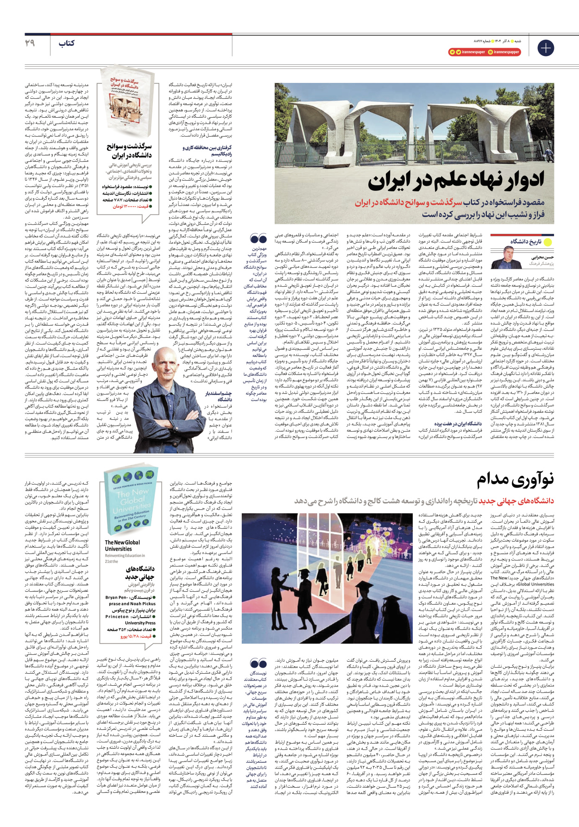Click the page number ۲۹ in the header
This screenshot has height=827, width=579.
pos(30,43)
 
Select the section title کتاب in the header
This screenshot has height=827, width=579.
pos(66,44)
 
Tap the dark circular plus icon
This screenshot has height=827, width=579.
pos(545,48)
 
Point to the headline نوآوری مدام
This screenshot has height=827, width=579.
pos(515,480)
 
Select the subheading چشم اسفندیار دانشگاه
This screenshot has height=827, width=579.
pos(218,396)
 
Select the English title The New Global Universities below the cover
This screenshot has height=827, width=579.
pos(122,545)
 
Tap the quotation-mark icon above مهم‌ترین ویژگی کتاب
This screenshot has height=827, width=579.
pos(258,239)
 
